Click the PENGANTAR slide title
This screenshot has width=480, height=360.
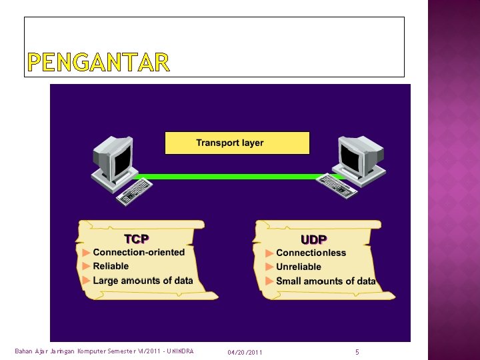99,63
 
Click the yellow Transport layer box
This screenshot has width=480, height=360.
237,143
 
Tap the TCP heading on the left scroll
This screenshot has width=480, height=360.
137,239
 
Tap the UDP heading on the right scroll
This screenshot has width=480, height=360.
313,239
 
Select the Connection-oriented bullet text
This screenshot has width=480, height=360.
139,252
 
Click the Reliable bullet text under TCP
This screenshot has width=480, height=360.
111,266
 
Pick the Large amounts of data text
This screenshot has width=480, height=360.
143,281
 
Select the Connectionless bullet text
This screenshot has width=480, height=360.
311,253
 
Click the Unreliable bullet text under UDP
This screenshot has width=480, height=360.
298,267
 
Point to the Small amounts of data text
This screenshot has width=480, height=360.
325,281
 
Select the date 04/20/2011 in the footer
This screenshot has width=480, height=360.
245,352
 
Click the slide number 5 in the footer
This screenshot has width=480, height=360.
357,351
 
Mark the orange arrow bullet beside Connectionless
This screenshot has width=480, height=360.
269,253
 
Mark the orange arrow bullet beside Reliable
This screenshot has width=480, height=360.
86,267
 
